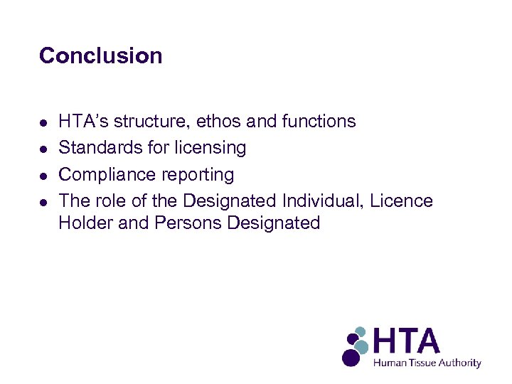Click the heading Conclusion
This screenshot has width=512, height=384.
(101, 55)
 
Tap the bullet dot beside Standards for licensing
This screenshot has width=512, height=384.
(44, 149)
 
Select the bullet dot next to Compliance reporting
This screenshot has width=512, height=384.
(44, 175)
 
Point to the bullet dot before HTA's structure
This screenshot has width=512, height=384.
(44, 122)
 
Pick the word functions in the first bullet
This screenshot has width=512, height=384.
(319, 122)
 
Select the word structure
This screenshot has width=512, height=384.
(149, 122)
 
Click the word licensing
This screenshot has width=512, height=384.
(211, 148)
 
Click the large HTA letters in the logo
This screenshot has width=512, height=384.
(407, 342)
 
